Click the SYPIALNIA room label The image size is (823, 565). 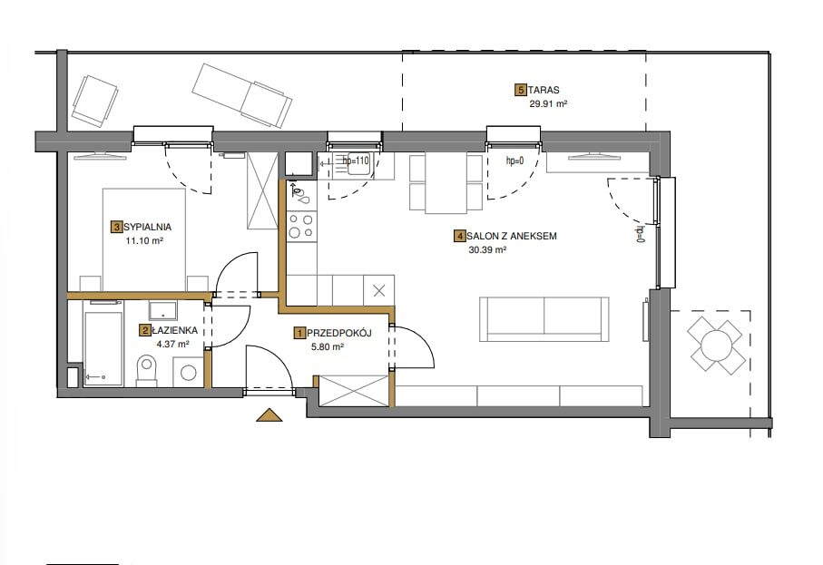(x=148, y=227)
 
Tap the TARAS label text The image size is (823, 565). (x=544, y=90)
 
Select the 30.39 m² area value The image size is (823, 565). (x=487, y=249)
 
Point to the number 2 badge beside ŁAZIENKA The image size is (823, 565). (x=143, y=330)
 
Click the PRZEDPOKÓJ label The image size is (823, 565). (x=339, y=333)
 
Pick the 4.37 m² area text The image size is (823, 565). (x=172, y=344)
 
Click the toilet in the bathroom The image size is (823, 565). (x=146, y=370)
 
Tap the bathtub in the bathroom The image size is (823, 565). (x=103, y=343)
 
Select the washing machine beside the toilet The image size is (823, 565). (x=188, y=373)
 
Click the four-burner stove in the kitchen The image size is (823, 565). (x=302, y=226)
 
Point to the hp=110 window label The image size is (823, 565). (x=356, y=161)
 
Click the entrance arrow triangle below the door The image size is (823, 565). (x=269, y=414)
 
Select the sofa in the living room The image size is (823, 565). (x=544, y=319)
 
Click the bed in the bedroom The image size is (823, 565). (x=144, y=239)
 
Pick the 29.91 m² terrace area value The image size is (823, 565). (x=548, y=103)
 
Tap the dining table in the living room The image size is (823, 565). (x=446, y=182)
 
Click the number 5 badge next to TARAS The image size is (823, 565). (x=521, y=90)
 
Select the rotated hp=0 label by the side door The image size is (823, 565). (x=640, y=235)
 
